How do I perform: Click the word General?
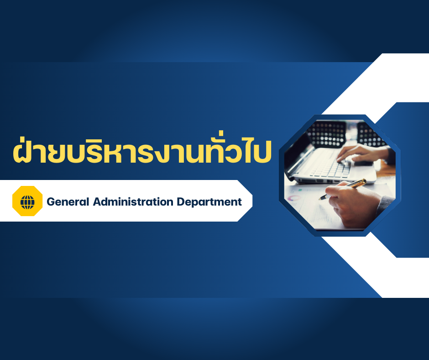click(68, 201)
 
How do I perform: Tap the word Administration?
click(133, 201)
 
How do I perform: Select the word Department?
click(209, 202)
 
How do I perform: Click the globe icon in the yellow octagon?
click(27, 202)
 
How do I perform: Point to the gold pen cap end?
click(364, 181)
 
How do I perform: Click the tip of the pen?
click(320, 199)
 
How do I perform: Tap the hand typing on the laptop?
click(361, 154)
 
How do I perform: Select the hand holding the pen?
click(353, 204)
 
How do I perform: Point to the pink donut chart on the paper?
click(294, 198)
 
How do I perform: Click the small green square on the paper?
click(300, 190)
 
